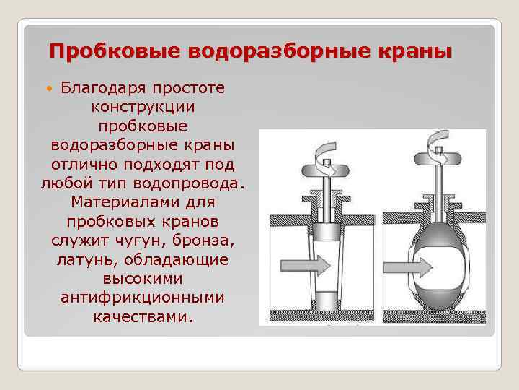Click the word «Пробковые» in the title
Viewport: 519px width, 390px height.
click(115, 51)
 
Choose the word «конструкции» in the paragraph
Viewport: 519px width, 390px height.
click(143, 107)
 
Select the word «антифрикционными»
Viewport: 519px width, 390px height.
click(143, 296)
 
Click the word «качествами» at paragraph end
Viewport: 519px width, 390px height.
click(143, 315)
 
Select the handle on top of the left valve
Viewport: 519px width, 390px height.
click(325, 171)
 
